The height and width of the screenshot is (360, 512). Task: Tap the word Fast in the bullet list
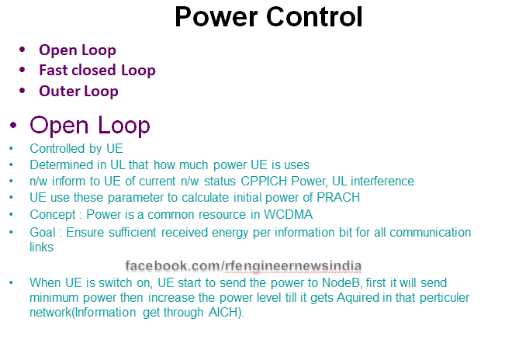(x=53, y=71)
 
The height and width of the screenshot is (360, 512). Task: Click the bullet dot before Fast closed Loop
(x=22, y=70)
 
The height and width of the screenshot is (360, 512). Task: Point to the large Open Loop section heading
(x=89, y=125)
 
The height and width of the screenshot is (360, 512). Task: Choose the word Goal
(x=43, y=232)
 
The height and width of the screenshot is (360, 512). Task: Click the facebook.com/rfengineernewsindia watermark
(x=243, y=265)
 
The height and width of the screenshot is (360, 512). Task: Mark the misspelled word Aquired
(x=371, y=298)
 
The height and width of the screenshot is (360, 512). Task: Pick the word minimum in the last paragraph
(x=55, y=298)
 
